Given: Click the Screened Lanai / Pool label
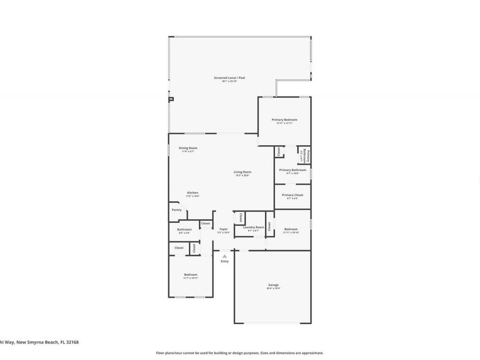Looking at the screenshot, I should [x=229, y=78].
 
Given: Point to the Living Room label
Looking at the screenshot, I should [x=242, y=172].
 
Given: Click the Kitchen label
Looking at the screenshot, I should [x=192, y=193].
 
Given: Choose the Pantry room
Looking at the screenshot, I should [x=177, y=210].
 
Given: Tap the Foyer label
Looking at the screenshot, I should [x=223, y=229].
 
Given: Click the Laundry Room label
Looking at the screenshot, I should [x=253, y=227].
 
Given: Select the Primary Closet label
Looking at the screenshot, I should [x=292, y=195].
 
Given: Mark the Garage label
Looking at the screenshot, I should [x=273, y=285].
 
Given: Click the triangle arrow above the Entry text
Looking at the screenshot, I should [x=225, y=256].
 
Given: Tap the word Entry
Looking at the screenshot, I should [x=225, y=261].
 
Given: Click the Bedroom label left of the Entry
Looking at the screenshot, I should [x=190, y=275].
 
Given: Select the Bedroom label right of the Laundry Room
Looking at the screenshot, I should [x=291, y=229].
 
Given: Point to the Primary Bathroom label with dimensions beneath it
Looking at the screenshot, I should [x=292, y=170].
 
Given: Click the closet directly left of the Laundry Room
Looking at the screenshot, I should [x=241, y=218].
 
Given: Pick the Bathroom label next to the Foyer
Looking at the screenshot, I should [x=185, y=230].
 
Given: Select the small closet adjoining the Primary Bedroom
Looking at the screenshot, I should [x=278, y=151].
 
